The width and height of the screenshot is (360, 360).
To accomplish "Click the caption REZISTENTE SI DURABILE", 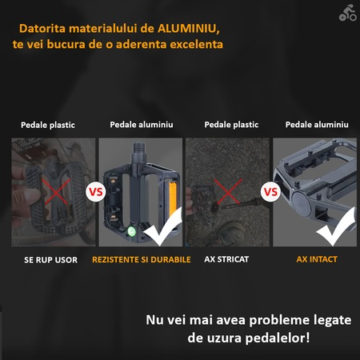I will coord(141,259).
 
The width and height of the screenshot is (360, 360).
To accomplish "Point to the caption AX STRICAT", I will coord(228,259).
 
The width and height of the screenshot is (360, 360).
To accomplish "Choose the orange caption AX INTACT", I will coord(317,259).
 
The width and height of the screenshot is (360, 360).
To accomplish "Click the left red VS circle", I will coord(96,193).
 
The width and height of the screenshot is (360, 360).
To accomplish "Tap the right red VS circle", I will coord(271,193).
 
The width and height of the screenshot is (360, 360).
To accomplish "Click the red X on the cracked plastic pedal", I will coord(54,192).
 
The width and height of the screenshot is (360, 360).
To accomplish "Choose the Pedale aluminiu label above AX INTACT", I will coord(317,125).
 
